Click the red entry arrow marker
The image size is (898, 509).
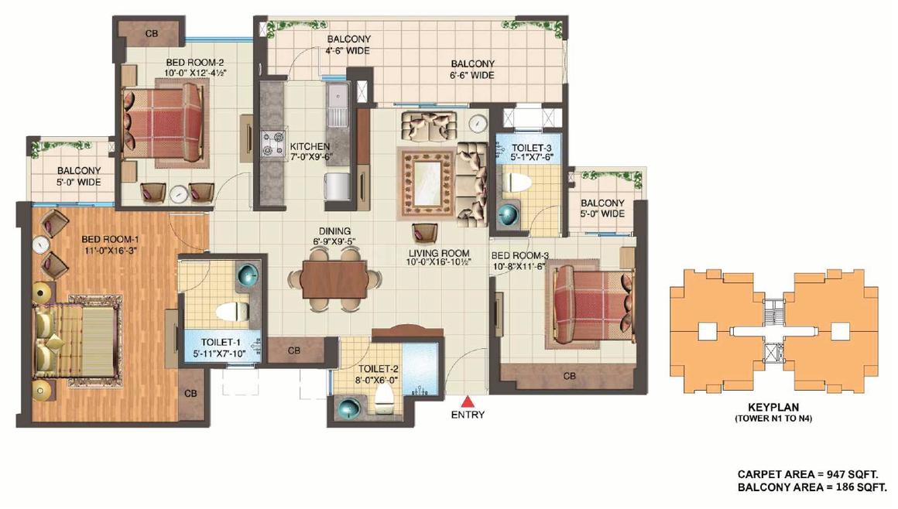click(x=468, y=401)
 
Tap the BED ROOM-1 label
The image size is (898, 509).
click(x=110, y=239)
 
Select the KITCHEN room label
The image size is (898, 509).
click(x=310, y=146)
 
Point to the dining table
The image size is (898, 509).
click(x=334, y=278)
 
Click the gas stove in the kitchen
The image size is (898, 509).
click(x=274, y=144)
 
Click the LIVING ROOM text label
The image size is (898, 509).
click(x=439, y=252)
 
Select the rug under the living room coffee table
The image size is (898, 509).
click(x=428, y=183)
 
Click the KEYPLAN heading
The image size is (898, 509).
click(x=773, y=408)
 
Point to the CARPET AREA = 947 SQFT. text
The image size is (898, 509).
click(x=807, y=475)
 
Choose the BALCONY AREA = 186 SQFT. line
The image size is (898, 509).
click(x=812, y=487)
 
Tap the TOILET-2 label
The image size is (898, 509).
click(x=378, y=369)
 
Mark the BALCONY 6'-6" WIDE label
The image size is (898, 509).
click(x=472, y=70)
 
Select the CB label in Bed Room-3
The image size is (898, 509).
click(x=569, y=376)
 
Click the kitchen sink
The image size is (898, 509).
click(x=338, y=105)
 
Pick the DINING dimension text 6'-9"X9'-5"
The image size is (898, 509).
click(x=335, y=241)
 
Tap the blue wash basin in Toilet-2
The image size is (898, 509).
click(x=349, y=409)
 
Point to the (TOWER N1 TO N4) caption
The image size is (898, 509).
click(x=773, y=418)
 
